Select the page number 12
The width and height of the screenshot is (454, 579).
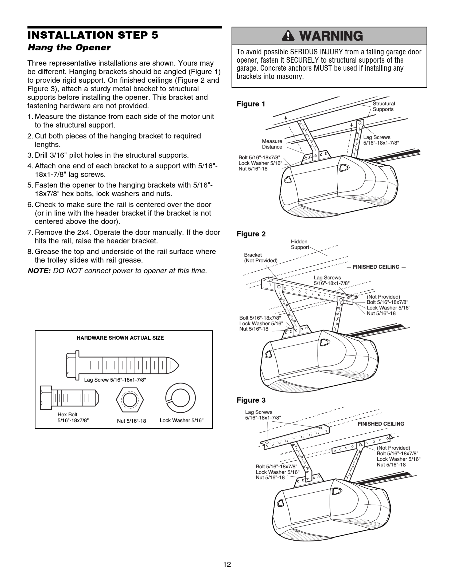coord(227,564)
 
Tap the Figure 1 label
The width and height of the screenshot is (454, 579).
coord(251,104)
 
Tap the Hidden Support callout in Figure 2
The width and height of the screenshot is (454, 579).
coord(300,244)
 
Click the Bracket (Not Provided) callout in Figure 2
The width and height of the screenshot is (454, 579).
coord(261,258)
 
